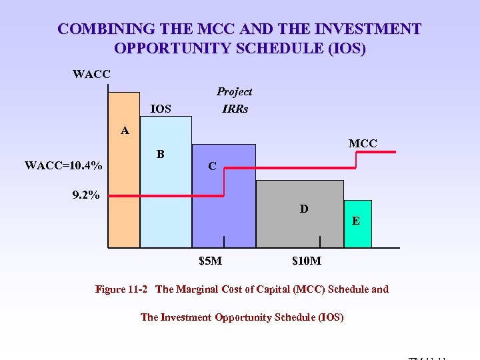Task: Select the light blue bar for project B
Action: click(x=165, y=200)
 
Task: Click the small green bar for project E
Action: click(x=357, y=230)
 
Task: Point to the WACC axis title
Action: click(x=91, y=74)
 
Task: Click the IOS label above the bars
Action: click(x=161, y=109)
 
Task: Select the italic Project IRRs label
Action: click(x=235, y=100)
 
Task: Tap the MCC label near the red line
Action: click(x=363, y=143)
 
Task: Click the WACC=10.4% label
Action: click(x=64, y=165)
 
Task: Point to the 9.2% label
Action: click(x=86, y=195)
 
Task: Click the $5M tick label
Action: click(x=211, y=261)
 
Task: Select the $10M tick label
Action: click(x=307, y=261)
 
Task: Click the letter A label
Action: click(x=125, y=130)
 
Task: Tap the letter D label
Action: click(x=304, y=209)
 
